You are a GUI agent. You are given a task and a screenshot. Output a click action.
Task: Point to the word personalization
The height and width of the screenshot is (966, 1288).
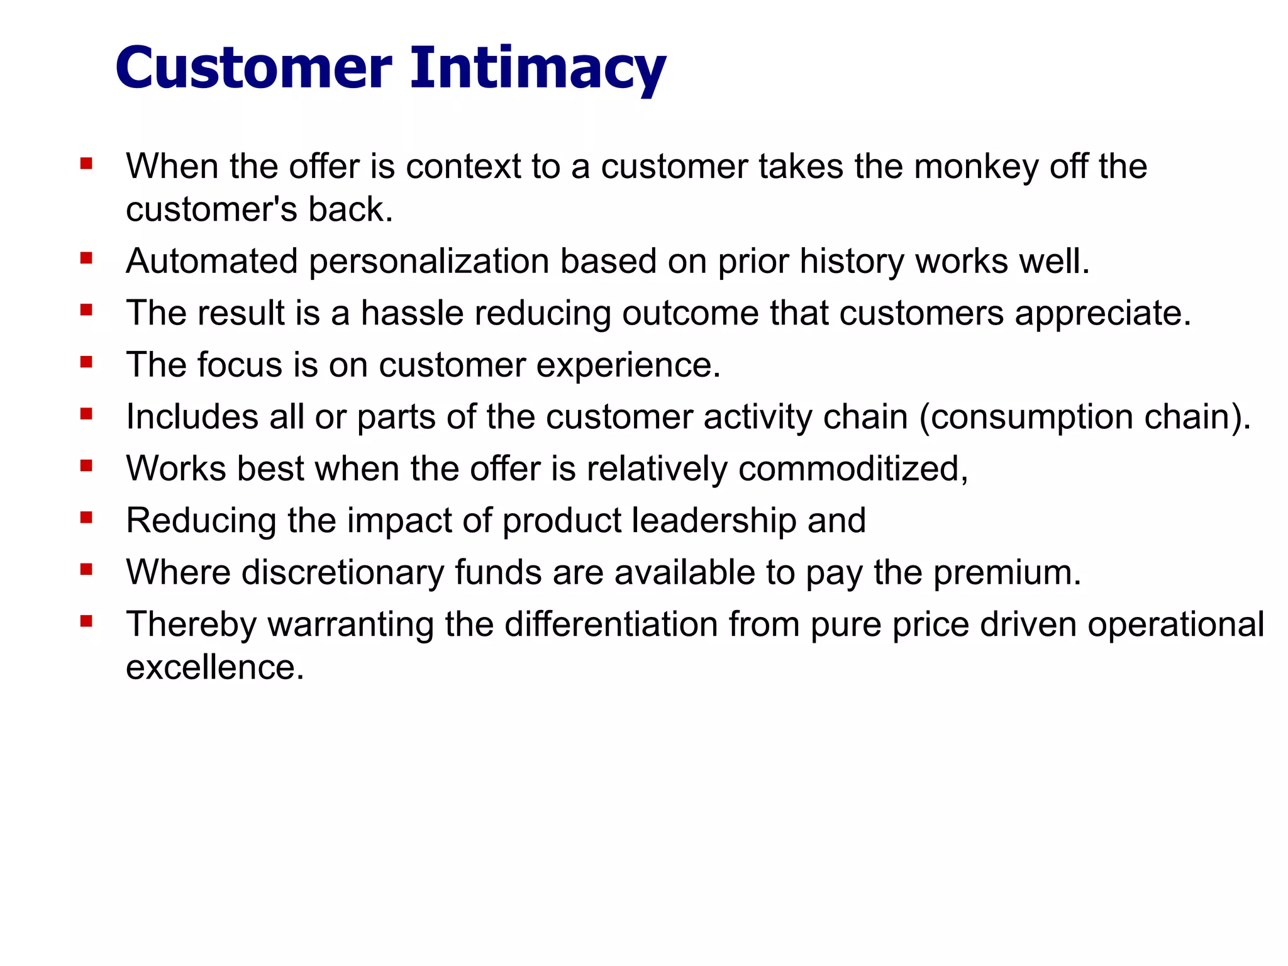[x=429, y=262]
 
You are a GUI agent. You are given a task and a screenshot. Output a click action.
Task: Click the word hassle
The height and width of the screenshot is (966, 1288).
[x=412, y=313]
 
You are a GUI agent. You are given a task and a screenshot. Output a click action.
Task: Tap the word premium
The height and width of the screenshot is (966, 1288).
[x=1007, y=574]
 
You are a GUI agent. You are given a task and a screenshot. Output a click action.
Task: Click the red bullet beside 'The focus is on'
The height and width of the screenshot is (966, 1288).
[x=87, y=362]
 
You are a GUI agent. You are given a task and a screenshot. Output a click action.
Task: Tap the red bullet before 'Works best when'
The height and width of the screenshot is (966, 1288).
[x=87, y=466]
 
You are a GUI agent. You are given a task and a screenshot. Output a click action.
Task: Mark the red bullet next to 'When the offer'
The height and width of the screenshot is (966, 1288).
[x=87, y=164]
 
